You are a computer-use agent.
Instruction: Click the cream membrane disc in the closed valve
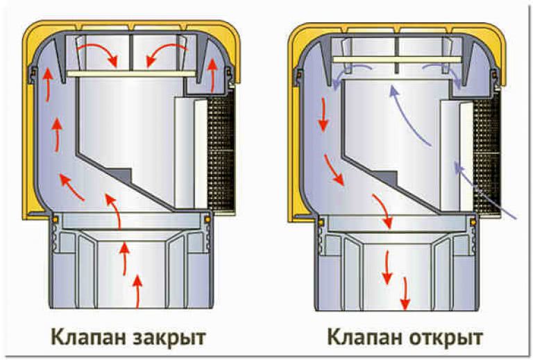[131, 74]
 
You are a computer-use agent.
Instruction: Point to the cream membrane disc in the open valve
[398, 60]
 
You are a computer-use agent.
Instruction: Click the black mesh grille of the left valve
[221, 153]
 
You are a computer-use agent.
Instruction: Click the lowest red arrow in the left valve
[137, 291]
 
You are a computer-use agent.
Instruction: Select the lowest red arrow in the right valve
[405, 293]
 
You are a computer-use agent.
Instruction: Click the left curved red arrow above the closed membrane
[98, 53]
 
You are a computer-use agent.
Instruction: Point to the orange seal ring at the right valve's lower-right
[473, 223]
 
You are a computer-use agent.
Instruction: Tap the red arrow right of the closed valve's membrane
[213, 75]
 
